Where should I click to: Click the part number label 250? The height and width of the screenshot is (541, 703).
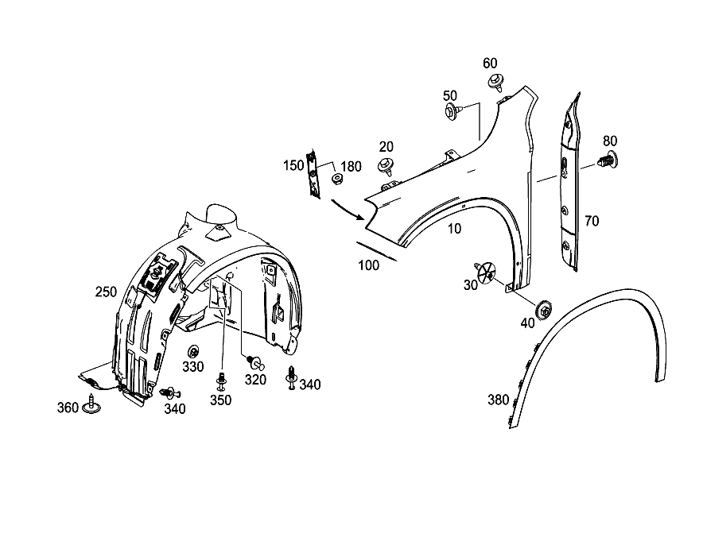[x=106, y=292]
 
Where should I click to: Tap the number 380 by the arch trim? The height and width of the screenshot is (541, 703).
[x=498, y=400]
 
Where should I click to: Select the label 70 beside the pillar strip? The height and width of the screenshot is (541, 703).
[x=592, y=221]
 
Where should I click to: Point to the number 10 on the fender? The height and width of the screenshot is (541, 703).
[x=454, y=229]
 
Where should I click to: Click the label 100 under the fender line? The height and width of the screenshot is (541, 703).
[x=368, y=265]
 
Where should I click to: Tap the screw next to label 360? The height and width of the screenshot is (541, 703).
[x=91, y=404]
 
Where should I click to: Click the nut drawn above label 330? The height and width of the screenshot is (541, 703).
[x=193, y=352]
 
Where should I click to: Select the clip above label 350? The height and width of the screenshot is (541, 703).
[x=221, y=382]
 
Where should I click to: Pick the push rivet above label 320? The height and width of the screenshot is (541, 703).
[x=254, y=361]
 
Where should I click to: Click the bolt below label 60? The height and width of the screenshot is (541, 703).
[x=495, y=83]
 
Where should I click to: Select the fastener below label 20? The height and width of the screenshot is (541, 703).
[x=386, y=166]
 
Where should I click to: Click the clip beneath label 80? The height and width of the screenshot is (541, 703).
[x=607, y=160]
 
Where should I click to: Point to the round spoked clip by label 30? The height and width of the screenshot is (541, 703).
[x=486, y=272]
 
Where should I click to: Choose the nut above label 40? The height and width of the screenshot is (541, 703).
[x=544, y=308]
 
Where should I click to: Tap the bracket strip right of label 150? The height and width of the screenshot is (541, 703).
[x=313, y=175]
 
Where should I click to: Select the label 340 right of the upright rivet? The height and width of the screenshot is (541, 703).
[x=310, y=384]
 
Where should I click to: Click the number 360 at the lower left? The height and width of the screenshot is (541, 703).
[x=68, y=408]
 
